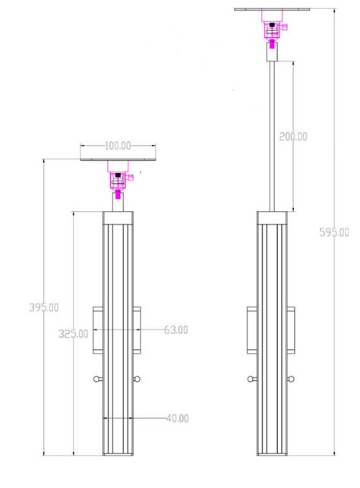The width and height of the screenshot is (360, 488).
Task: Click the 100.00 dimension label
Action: click(x=118, y=144)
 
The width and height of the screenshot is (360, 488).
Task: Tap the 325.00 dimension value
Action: click(x=73, y=332)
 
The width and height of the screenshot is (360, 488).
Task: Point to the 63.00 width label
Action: click(x=175, y=330)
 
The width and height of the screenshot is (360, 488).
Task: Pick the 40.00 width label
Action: click(x=175, y=417)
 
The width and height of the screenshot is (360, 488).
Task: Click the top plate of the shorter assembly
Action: click(x=118, y=159)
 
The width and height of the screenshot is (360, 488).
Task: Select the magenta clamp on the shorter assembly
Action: click(x=119, y=181)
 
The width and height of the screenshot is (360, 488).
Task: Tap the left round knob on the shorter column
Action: click(x=96, y=379)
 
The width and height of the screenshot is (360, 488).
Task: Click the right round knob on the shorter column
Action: click(x=139, y=379)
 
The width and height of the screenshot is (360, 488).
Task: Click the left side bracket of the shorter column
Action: click(x=96, y=330)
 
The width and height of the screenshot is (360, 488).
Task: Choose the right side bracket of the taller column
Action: click(x=292, y=330)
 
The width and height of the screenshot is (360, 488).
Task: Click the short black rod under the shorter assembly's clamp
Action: click(x=118, y=202)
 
